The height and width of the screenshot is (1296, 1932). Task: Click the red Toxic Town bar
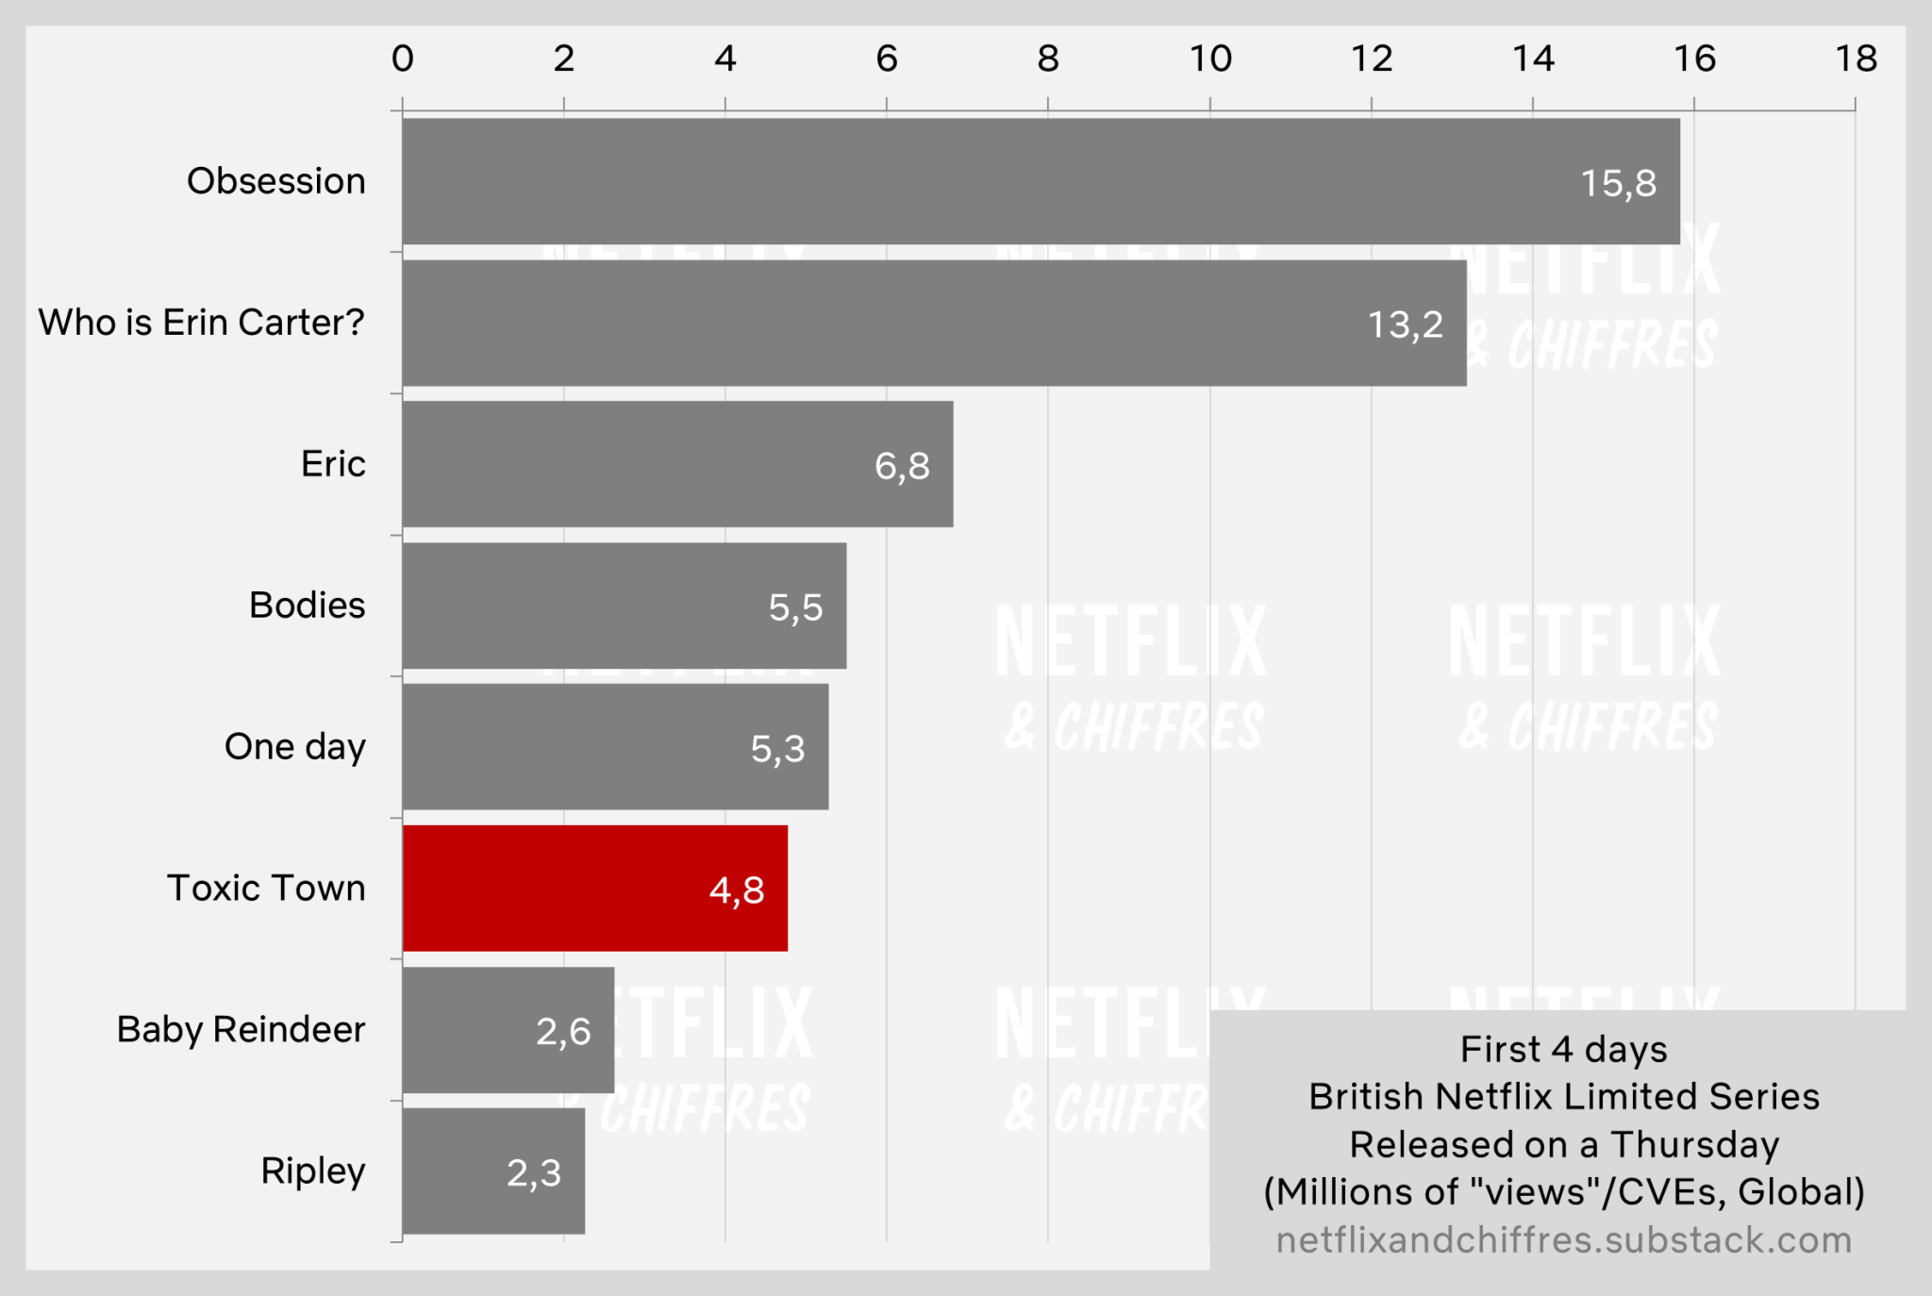[x=594, y=888]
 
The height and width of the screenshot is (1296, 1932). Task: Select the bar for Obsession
[x=1038, y=181]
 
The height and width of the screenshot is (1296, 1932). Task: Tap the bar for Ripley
[x=493, y=1171]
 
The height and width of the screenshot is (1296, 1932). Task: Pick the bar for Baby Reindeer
[x=508, y=1029]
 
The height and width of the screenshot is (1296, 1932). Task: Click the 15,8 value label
[x=1618, y=183]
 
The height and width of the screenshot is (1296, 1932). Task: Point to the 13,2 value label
[x=1405, y=324]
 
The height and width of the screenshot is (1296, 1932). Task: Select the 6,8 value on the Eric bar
[x=902, y=466]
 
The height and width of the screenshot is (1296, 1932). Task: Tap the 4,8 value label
[x=737, y=889]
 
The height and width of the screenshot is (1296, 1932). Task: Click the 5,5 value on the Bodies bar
[x=795, y=607]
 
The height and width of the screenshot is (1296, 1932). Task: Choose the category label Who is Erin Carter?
[x=201, y=323]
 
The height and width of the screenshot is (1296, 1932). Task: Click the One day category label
[x=294, y=747]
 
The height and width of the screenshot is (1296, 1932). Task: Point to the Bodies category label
[x=307, y=606]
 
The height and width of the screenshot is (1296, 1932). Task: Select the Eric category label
[x=333, y=464]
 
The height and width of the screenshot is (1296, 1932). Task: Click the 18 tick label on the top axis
[x=1856, y=58]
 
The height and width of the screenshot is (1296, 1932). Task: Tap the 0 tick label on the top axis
[x=403, y=58]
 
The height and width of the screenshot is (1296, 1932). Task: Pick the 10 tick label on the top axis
[x=1210, y=58]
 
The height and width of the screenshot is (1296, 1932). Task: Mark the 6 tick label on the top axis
[x=887, y=58]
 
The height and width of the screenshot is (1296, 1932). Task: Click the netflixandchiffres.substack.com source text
[x=1563, y=1239]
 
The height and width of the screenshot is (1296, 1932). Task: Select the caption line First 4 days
[x=1563, y=1049]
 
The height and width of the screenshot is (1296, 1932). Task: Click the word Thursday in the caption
[x=1694, y=1144]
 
